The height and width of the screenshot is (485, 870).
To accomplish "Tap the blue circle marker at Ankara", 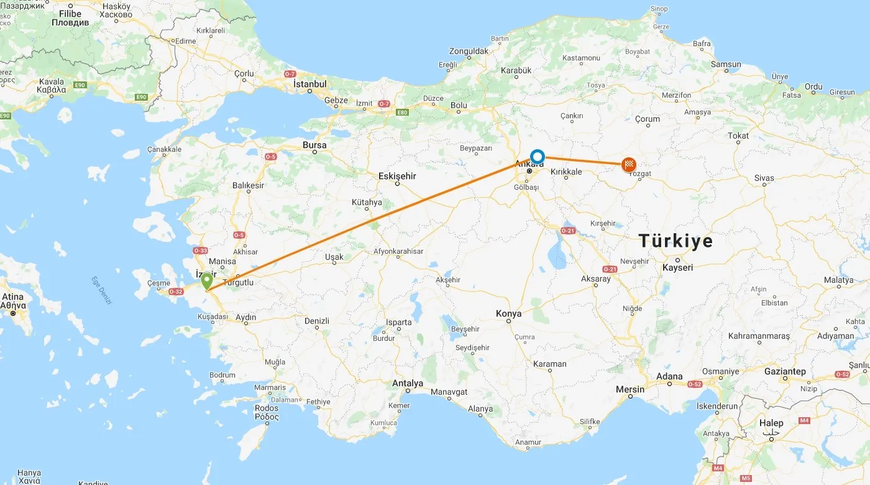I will (537, 157).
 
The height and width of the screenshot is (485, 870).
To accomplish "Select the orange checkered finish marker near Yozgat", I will (629, 165).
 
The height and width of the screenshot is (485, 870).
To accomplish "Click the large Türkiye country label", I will (676, 241).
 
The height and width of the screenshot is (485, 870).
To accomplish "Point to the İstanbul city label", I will (309, 84).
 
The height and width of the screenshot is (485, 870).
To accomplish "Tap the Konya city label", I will (508, 314).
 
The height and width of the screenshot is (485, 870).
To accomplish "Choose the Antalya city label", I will (408, 383).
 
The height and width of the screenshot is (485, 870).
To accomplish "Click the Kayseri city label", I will (677, 267).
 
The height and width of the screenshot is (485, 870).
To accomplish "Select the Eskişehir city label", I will (397, 177).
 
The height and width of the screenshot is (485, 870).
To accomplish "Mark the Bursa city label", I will (314, 145).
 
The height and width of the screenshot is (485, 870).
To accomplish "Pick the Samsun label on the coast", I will (726, 64).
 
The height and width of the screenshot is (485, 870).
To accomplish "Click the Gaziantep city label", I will (785, 372).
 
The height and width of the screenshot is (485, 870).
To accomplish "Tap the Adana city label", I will (669, 376).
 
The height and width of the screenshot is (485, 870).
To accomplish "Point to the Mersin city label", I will (630, 390).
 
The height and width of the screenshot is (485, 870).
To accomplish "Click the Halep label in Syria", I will (771, 423).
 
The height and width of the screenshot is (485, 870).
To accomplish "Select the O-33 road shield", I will (200, 251).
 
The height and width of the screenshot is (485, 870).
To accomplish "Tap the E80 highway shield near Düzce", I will (403, 113).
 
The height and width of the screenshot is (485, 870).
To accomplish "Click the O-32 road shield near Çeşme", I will (176, 292).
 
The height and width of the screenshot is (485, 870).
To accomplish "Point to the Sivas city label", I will (764, 178).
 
